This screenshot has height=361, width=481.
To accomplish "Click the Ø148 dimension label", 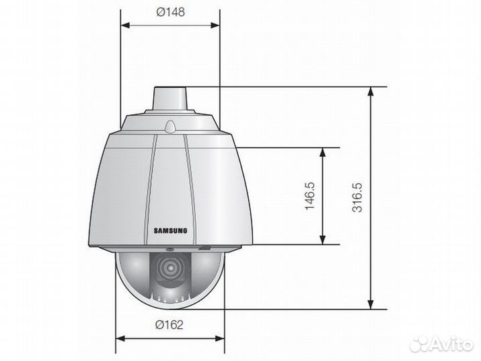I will tap(171, 12).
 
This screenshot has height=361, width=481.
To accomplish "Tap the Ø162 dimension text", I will tap(170, 325).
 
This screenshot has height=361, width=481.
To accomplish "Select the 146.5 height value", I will tap(309, 196).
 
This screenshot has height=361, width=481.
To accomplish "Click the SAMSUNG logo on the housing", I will tap(171, 231).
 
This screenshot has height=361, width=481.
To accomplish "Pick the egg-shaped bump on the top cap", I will tap(171, 124).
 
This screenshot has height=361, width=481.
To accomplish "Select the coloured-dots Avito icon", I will tap(419, 344).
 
